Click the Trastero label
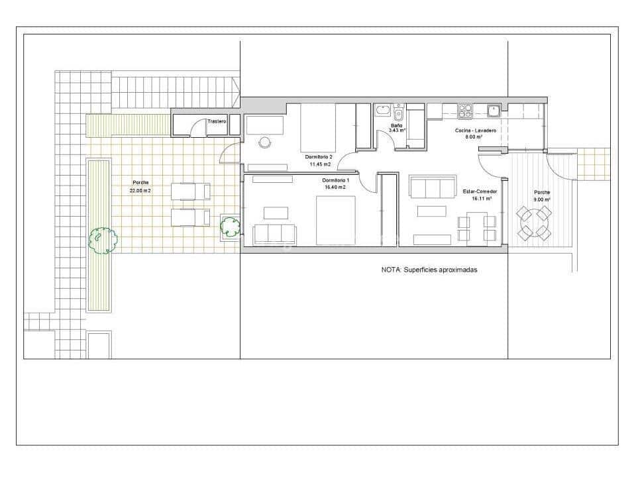point(217,122)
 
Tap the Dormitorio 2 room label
point(319,157)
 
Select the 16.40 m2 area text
point(335,187)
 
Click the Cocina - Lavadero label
point(475,131)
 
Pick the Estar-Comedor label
point(480,191)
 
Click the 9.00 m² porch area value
point(543,199)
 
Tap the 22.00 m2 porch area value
point(140,190)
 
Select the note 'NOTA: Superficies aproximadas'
point(429,270)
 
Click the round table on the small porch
point(533,223)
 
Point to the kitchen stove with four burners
point(465,110)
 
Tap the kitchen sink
point(493,110)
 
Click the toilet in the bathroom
point(398,112)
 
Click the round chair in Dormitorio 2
point(266,142)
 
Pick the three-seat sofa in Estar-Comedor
point(433,187)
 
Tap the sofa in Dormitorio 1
point(274,233)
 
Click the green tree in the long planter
point(103,238)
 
